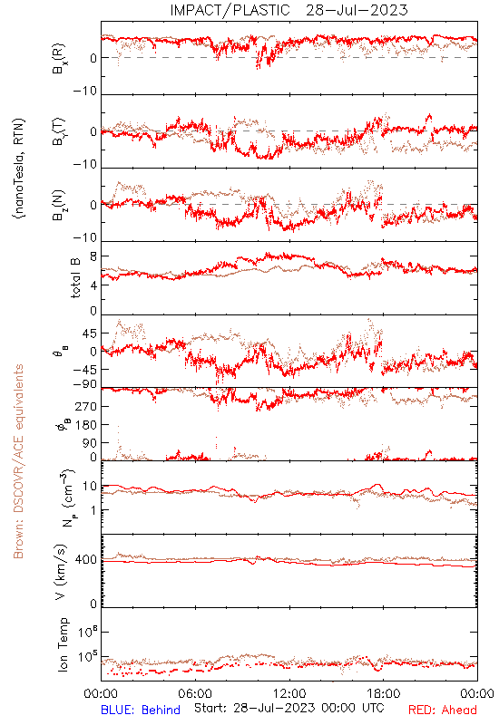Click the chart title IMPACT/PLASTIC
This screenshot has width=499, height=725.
pyautogui.click(x=230, y=10)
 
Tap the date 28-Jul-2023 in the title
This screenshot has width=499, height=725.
pyautogui.click(x=357, y=10)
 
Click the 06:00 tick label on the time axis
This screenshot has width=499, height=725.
pyautogui.click(x=195, y=693)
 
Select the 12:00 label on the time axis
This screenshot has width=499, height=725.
pyautogui.click(x=289, y=693)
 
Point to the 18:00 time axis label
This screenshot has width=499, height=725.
pyautogui.click(x=384, y=693)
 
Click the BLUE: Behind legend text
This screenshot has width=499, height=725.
pyautogui.click(x=141, y=710)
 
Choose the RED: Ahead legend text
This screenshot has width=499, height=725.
pyautogui.click(x=442, y=710)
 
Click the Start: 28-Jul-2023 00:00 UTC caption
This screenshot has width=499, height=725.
pyautogui.click(x=289, y=708)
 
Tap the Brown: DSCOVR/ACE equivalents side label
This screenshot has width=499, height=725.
pyautogui.click(x=18, y=461)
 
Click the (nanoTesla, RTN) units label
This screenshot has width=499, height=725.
pyautogui.click(x=19, y=169)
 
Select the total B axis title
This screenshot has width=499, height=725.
pyautogui.click(x=75, y=278)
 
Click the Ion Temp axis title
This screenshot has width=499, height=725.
pyautogui.click(x=63, y=644)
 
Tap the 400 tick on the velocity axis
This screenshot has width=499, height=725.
pyautogui.click(x=86, y=559)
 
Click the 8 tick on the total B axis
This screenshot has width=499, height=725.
pyautogui.click(x=93, y=256)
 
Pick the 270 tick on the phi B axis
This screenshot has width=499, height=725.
pyautogui.click(x=86, y=406)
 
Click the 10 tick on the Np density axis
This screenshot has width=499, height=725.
pyautogui.click(x=90, y=487)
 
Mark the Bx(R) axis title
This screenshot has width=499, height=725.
pyautogui.click(x=59, y=59)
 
